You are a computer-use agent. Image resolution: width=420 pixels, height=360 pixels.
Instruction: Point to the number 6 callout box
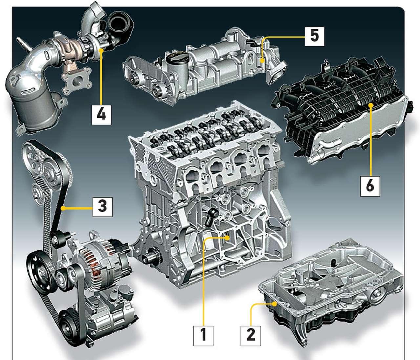click(370, 187)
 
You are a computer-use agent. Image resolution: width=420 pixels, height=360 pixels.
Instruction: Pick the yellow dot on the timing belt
click(63, 208)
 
